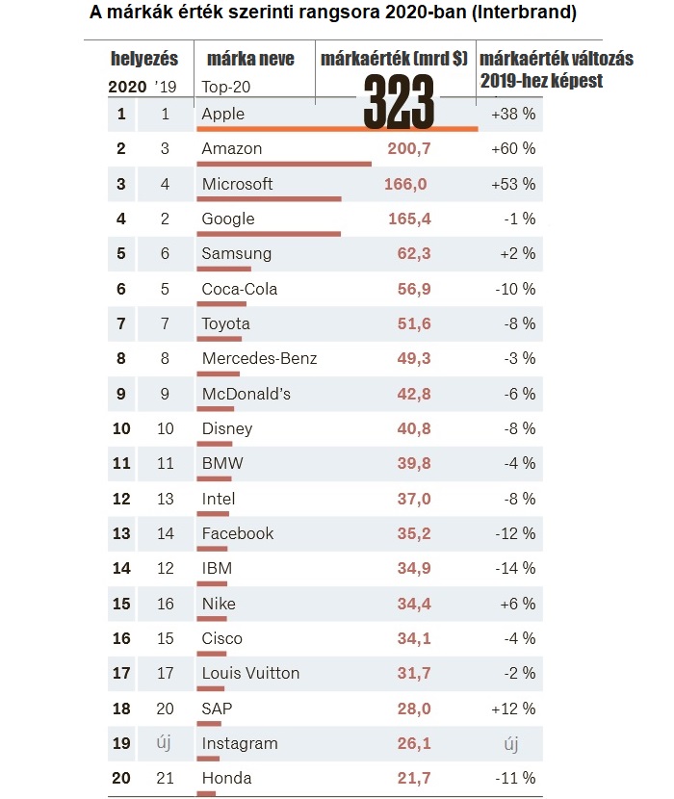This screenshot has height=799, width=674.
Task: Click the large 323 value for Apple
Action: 400,101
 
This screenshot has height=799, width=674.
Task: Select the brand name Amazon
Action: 231,148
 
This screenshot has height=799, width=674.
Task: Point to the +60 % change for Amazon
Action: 512,148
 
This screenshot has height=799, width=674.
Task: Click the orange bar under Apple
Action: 337,129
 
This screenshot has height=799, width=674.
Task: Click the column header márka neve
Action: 249,59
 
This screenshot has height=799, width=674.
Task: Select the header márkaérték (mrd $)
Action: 394,59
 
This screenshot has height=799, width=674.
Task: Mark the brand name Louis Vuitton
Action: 250,673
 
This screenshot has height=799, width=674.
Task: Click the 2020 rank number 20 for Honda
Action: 121,778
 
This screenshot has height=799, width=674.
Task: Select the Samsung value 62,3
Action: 413,254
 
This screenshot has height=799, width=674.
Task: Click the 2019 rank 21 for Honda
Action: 165,778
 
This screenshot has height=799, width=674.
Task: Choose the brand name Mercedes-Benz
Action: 259,358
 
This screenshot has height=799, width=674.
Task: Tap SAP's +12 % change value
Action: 512,708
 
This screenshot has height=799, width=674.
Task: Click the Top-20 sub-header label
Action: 225,85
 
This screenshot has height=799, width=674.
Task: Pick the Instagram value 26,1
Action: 413,743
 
